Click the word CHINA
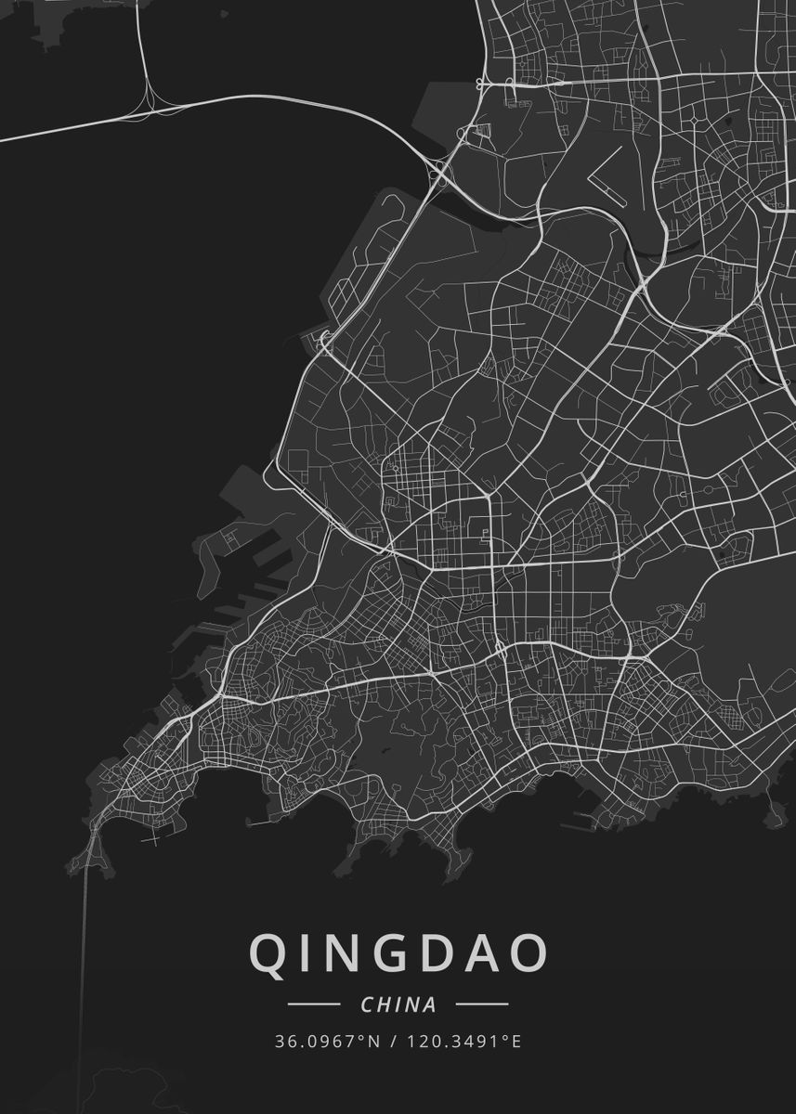click(x=398, y=1004)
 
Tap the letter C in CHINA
click(x=367, y=1004)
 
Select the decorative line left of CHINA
click(x=313, y=1004)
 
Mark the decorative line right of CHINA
click(x=483, y=1004)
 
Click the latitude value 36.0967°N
click(x=328, y=1042)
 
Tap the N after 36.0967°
click(x=374, y=1042)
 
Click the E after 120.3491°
click(x=515, y=1042)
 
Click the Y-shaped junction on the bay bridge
click(x=149, y=97)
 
